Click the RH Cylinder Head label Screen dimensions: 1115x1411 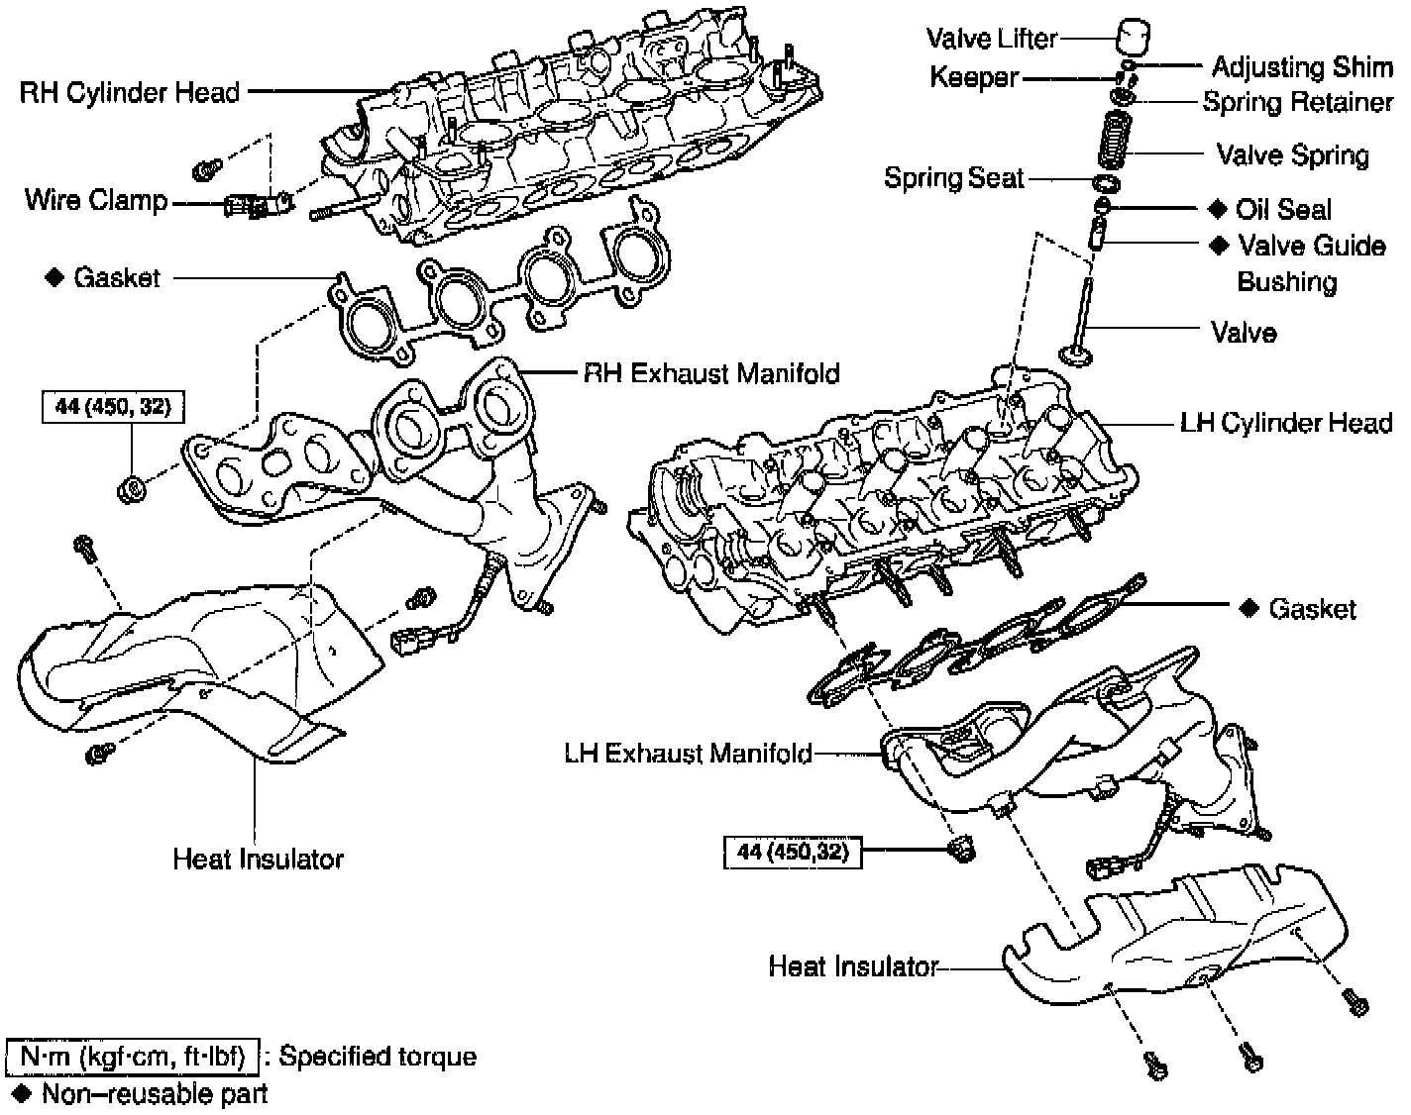point(130,92)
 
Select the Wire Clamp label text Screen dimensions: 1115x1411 point(96,201)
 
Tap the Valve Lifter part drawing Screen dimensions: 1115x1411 point(1130,39)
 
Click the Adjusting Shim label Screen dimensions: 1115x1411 point(1302,66)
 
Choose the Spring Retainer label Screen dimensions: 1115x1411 point(1297,102)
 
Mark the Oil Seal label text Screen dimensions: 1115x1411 point(1283,209)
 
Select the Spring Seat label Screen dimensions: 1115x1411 point(953,178)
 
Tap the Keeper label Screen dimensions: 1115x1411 point(974,77)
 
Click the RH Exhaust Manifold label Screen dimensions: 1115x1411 point(710,373)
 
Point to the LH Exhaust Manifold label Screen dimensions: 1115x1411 point(688,754)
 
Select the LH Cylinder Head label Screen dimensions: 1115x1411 point(1286,423)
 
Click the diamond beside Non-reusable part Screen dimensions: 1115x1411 point(20,1093)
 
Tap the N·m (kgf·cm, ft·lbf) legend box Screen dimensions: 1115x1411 point(133,1057)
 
